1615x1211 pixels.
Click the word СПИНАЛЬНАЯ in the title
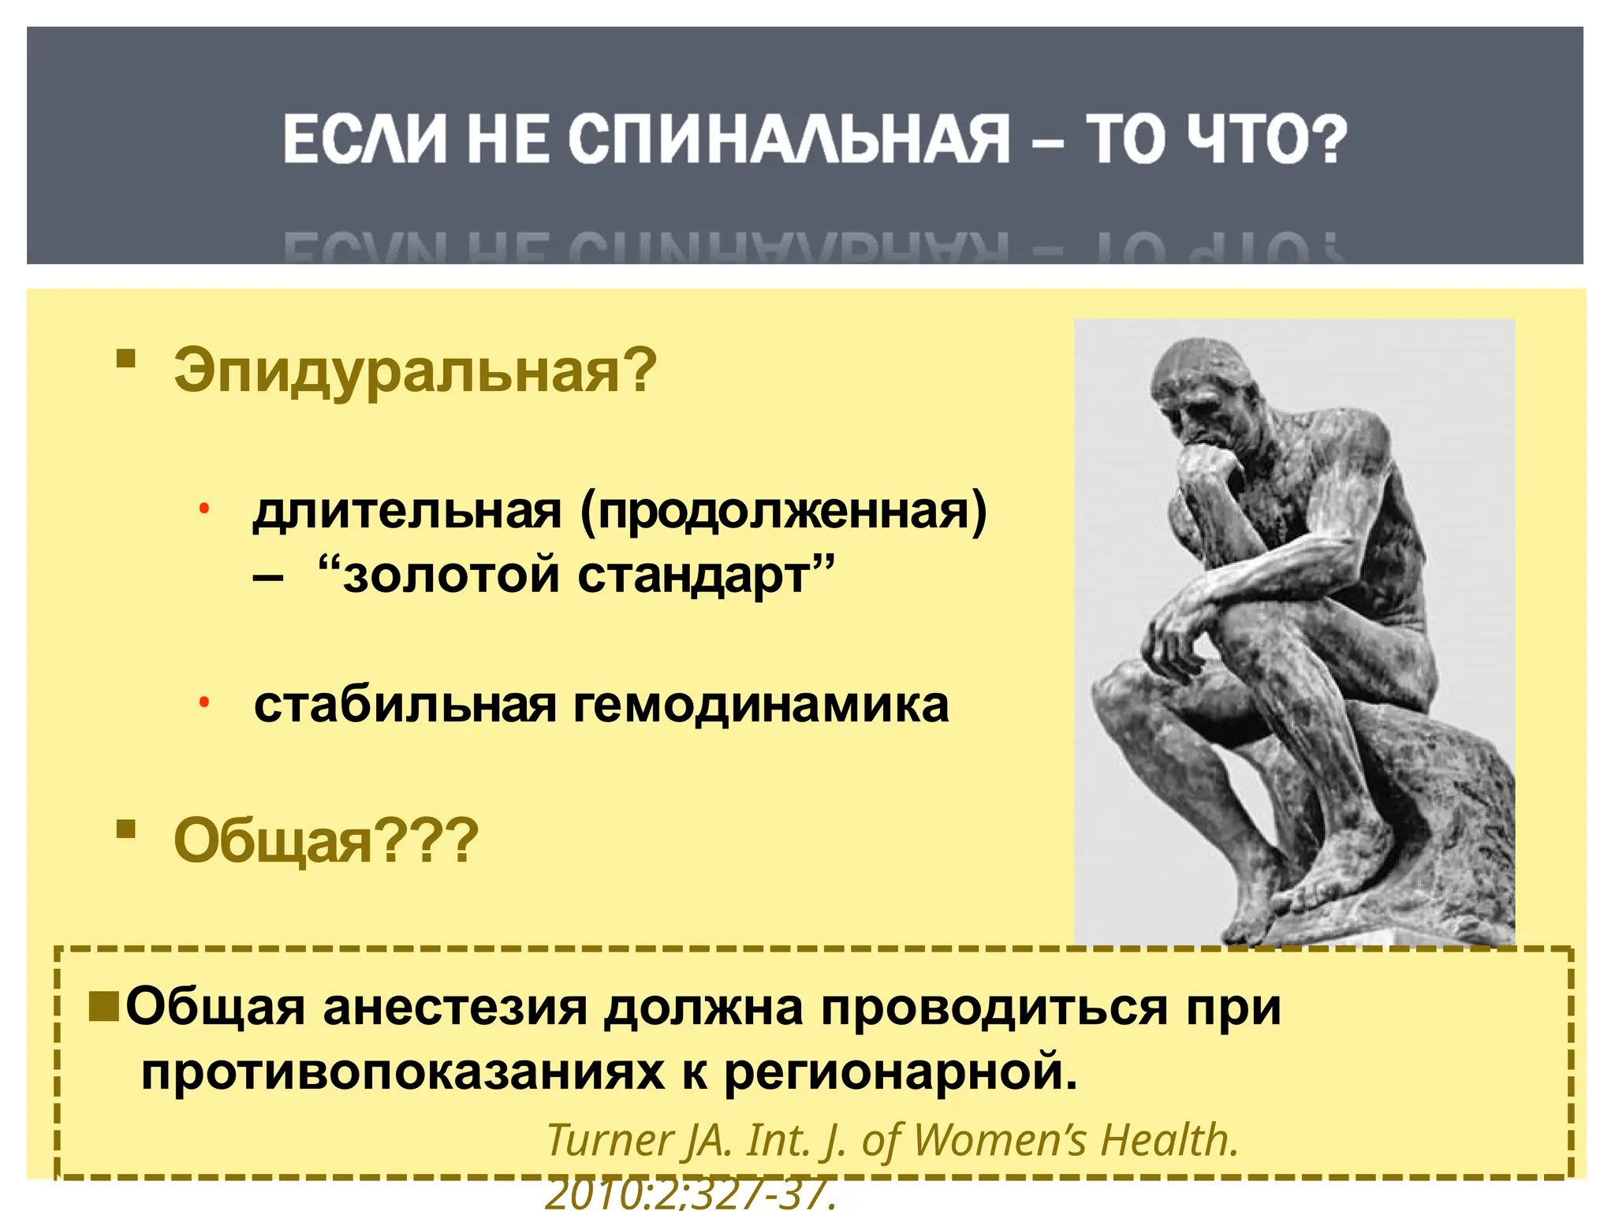[788, 140]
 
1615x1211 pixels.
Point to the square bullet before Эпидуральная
[125, 360]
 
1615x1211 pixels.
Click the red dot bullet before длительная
[203, 509]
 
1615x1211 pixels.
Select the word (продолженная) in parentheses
[783, 513]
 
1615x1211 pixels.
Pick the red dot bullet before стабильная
[203, 701]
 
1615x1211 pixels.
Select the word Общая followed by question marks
[272, 841]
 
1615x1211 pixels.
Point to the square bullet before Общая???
[125, 829]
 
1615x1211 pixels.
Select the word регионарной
[900, 1072]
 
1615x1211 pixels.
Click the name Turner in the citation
[610, 1140]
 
